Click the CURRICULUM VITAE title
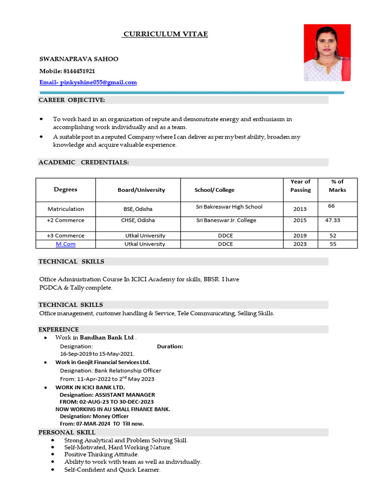tap(165, 34)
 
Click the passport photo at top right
tap(327, 52)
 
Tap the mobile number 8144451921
tap(79, 71)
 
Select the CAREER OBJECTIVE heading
tap(72, 100)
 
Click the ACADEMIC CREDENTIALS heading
tap(84, 162)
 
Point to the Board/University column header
tap(141, 190)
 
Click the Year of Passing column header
tap(300, 186)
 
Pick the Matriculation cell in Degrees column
tap(66, 209)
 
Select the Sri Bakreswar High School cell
tap(229, 207)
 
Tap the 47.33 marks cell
tap(332, 220)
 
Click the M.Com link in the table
tap(66, 244)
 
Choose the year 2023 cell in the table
tap(300, 244)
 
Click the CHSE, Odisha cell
tap(138, 220)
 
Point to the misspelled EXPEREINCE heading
tap(59, 330)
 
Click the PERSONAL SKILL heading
tap(63, 433)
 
